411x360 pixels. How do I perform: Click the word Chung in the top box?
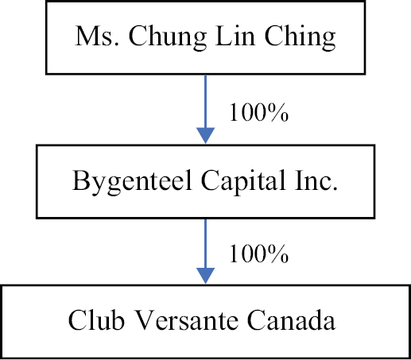coord(168,37)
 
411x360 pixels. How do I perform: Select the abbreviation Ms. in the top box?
coord(97,36)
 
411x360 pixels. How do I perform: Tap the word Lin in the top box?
coord(235,36)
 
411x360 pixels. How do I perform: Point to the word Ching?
coord(300,37)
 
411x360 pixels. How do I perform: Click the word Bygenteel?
coord(132,182)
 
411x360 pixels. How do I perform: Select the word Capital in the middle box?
coord(243,182)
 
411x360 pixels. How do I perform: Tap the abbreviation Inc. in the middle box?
coord(316,180)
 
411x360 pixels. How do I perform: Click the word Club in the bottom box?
coord(96,319)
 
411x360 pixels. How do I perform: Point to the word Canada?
coord(291,319)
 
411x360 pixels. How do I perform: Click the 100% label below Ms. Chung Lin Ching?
coord(259,113)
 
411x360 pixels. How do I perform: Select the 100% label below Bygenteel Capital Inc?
coord(259,254)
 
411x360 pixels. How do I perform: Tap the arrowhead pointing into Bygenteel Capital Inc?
coord(205,135)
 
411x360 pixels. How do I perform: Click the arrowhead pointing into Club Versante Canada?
coord(205,276)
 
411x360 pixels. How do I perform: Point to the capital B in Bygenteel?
coord(81,180)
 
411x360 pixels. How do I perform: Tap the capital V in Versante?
coord(145,320)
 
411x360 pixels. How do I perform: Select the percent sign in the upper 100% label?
coord(279,113)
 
